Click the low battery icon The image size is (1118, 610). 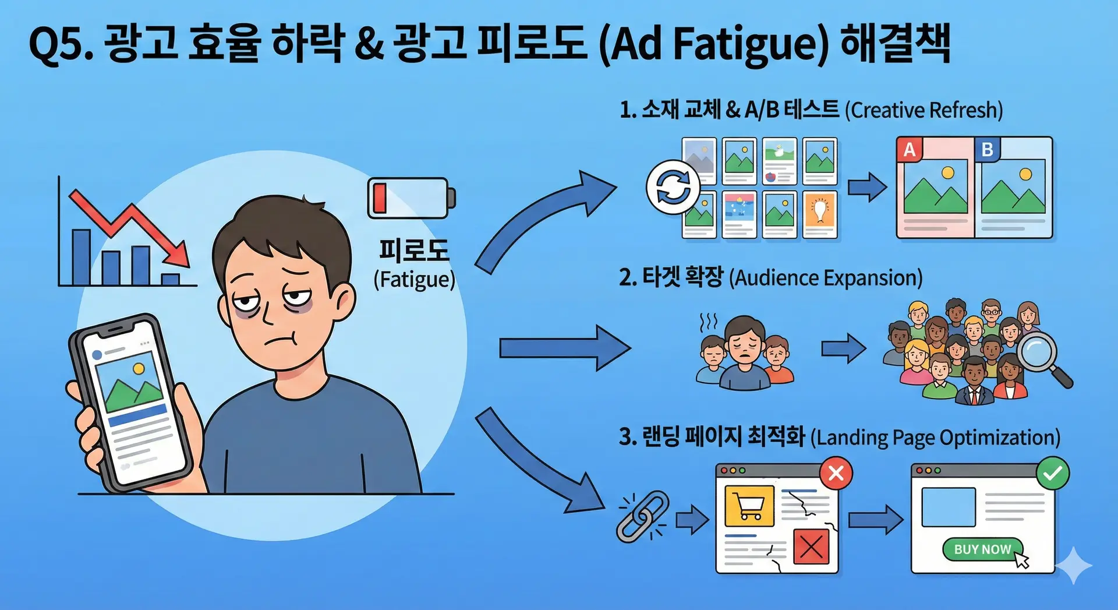tap(411, 198)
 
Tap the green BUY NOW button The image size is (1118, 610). tap(982, 549)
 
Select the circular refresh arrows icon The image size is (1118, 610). tap(673, 187)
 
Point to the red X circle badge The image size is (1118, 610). tap(836, 473)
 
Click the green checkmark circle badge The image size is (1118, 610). tap(1053, 473)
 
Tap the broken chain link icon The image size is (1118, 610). tap(642, 516)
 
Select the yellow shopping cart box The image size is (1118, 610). tap(749, 506)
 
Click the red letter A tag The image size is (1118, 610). tap(910, 150)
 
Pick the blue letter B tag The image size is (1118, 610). tap(988, 150)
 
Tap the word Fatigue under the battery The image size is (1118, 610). tap(414, 280)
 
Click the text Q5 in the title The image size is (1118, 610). tap(60, 44)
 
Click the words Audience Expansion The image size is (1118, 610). tap(826, 278)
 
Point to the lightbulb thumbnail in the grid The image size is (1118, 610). tap(820, 214)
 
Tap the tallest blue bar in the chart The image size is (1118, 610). tap(81, 257)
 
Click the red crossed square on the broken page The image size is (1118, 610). tap(811, 546)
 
